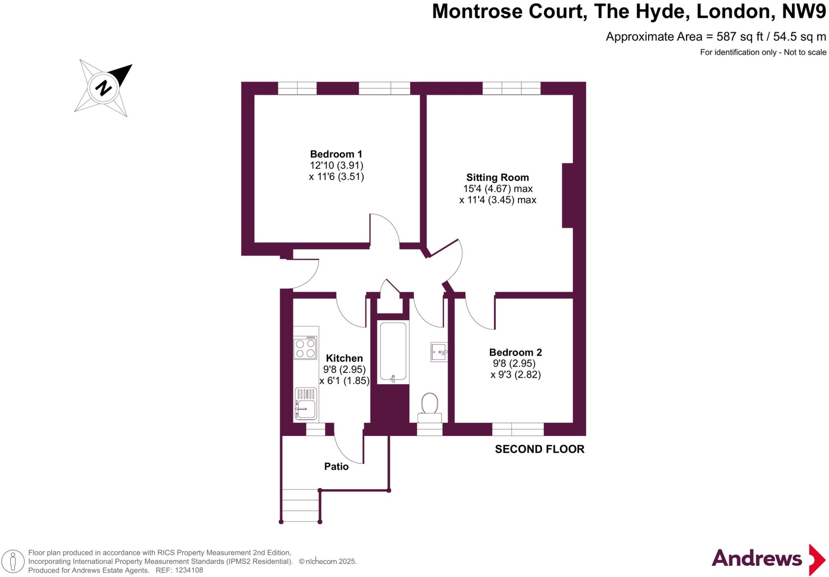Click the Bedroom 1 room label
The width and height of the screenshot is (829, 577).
336,154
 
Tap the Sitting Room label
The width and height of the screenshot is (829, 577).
497,178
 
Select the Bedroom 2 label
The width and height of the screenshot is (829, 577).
515,352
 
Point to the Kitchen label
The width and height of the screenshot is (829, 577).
344,358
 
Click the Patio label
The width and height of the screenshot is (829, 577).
336,467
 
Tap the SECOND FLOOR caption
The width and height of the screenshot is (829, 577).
540,449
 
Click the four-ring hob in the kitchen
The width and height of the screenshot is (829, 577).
305,348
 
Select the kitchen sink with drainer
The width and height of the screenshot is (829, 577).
306,404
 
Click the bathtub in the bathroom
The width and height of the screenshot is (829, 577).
393,352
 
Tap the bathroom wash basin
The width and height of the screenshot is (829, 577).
439,352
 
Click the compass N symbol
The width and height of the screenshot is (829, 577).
104,87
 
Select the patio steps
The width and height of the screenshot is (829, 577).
301,505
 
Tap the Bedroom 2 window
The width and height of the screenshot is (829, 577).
518,429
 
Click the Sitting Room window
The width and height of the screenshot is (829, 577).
511,88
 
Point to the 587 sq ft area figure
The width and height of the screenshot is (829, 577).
740,37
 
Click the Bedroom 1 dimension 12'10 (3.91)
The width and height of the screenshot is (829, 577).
336,165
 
